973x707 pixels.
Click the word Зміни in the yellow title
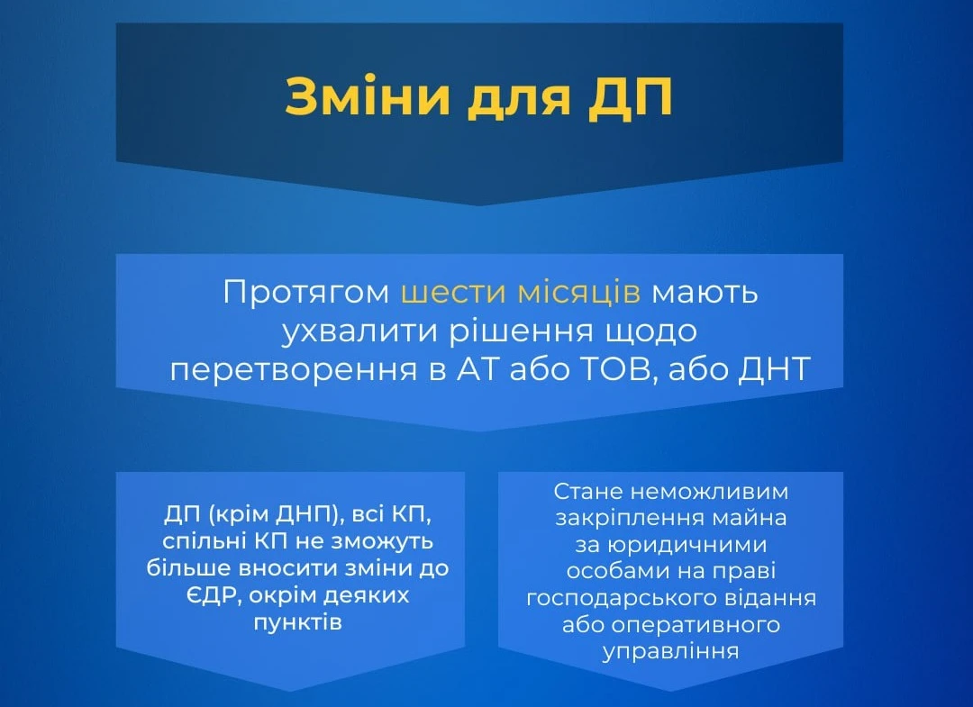click(x=368, y=96)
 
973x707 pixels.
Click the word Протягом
click(x=306, y=292)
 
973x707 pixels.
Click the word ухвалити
click(x=359, y=331)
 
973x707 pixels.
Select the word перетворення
click(x=294, y=369)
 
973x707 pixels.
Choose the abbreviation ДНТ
click(x=775, y=369)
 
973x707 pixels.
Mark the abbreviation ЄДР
click(x=208, y=595)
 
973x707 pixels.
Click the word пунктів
click(x=298, y=622)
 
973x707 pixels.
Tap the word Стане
click(x=588, y=491)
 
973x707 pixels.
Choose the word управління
click(x=671, y=652)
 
